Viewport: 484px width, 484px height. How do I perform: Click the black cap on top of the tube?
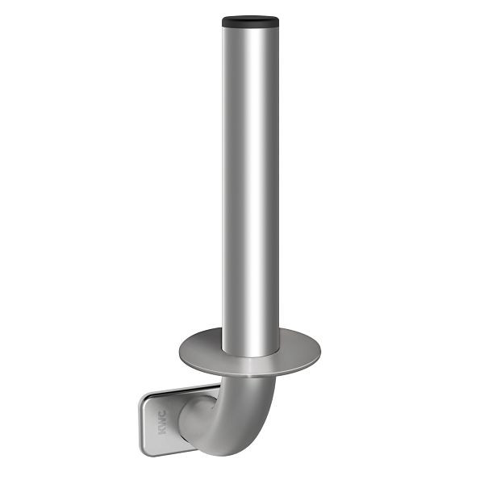point(251,19)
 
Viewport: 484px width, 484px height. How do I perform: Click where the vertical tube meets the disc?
point(251,355)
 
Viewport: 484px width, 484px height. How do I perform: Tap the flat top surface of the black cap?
point(251,15)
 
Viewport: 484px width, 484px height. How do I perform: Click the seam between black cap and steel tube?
point(251,25)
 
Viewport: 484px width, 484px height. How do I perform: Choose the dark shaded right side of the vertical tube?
point(273,186)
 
